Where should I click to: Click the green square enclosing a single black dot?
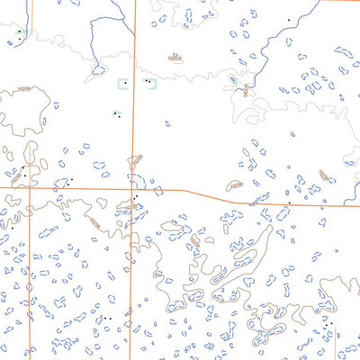(x=124, y=83)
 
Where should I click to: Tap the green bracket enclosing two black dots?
(x=148, y=82)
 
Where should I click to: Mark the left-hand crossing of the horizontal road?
(x=29, y=188)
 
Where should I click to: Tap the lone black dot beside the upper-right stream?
(x=288, y=20)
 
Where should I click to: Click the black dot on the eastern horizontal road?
(x=288, y=203)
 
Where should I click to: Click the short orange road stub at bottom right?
(x=335, y=346)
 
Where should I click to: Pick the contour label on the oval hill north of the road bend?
(x=235, y=185)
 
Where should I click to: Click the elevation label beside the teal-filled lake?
(x=245, y=88)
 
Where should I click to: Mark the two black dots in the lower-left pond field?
(x=106, y=318)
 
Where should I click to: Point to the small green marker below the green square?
(x=117, y=114)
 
